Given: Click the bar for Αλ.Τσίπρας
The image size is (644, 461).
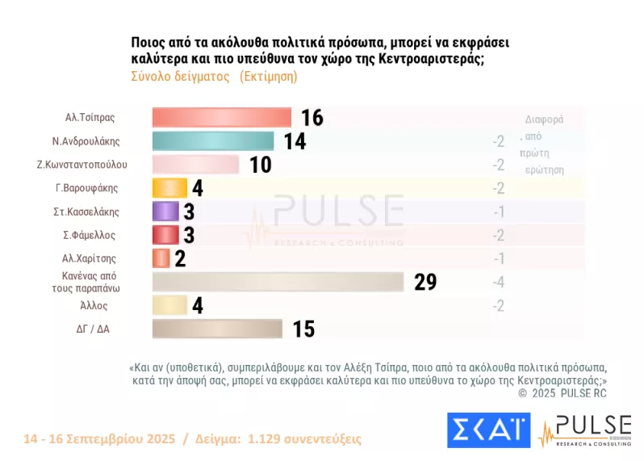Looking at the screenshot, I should point(221,118).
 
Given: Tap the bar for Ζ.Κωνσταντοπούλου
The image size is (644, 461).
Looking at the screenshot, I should point(195,165).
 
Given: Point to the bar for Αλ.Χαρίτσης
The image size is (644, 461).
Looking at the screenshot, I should point(161,258).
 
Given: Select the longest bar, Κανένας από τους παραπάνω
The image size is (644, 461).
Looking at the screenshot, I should point(278,282).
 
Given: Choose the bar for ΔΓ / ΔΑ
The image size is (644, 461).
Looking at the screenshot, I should point(216,329).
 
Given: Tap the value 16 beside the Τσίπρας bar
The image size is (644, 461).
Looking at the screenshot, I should point(312,119).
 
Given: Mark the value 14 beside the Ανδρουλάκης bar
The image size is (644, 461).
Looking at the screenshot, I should point(295,142).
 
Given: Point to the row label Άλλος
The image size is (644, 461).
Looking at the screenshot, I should point(93,306).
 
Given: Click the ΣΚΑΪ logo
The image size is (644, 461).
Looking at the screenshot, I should point(488,430).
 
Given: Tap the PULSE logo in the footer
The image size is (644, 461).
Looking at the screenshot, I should point(585,430).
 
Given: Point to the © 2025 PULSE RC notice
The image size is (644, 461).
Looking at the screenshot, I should point(562,393).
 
